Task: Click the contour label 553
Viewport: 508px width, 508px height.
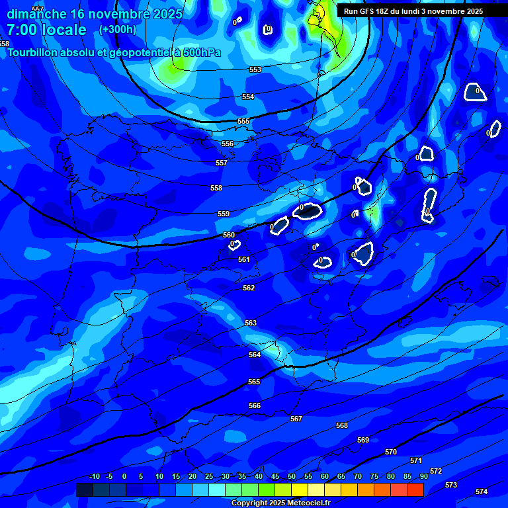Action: pyautogui.click(x=255, y=69)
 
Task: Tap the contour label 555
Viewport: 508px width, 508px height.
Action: pyautogui.click(x=243, y=121)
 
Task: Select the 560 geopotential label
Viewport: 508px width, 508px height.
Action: pyautogui.click(x=229, y=235)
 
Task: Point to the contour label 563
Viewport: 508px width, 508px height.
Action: pyautogui.click(x=251, y=323)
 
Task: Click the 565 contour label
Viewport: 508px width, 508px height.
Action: pyautogui.click(x=254, y=382)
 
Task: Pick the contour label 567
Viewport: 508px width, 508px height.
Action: pyautogui.click(x=296, y=419)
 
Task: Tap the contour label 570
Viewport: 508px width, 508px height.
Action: pyautogui.click(x=391, y=452)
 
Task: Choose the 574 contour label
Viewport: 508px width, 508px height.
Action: pyautogui.click(x=482, y=491)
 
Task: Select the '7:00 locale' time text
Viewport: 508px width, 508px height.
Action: pyautogui.click(x=46, y=30)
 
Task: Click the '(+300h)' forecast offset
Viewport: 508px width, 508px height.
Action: pyautogui.click(x=118, y=29)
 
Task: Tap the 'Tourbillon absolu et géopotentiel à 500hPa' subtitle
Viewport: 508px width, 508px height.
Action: pyautogui.click(x=114, y=52)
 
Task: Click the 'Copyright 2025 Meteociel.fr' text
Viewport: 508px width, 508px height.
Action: pyautogui.click(x=280, y=503)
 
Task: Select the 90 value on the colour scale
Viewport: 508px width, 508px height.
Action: pyautogui.click(x=424, y=476)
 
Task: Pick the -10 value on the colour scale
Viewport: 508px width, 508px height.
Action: pyautogui.click(x=94, y=476)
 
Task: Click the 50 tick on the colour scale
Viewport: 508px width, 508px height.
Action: pyautogui.click(x=292, y=476)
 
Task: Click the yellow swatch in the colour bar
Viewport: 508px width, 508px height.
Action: pyautogui.click(x=300, y=489)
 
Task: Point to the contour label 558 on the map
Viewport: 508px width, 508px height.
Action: pyautogui.click(x=216, y=188)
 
